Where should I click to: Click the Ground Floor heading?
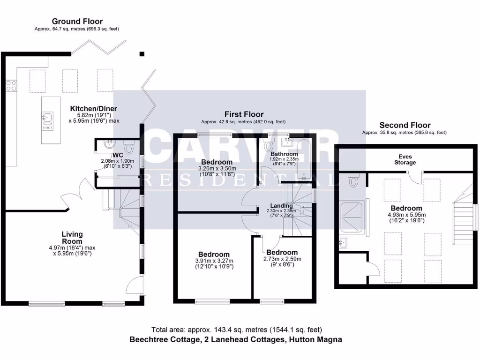pyautogui.click(x=77, y=21)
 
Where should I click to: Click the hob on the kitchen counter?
pyautogui.click(x=11, y=85)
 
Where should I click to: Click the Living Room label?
pyautogui.click(x=72, y=237)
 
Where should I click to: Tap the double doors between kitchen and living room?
pyautogui.click(x=82, y=190)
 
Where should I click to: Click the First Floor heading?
pyautogui.click(x=244, y=114)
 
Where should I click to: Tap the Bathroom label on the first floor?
pyautogui.click(x=284, y=154)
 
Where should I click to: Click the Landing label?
pyautogui.click(x=281, y=205)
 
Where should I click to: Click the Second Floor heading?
pyautogui.click(x=405, y=125)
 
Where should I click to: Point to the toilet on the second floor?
pyautogui.click(x=354, y=180)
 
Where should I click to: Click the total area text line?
pyautogui.click(x=237, y=330)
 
